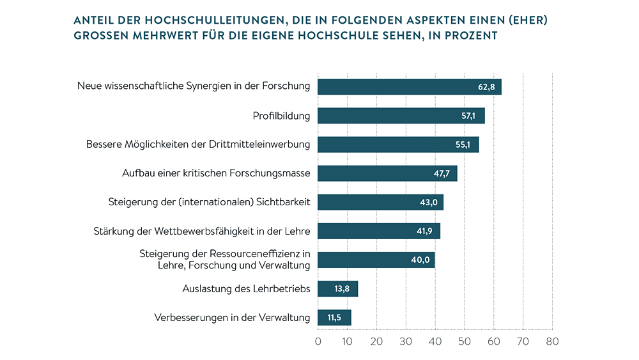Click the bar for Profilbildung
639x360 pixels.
[x=401, y=116]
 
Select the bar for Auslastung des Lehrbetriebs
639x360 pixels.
[x=337, y=289]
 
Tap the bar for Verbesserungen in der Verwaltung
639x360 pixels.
[x=334, y=318]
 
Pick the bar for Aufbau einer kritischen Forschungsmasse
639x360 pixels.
[x=387, y=173]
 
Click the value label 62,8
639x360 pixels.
[x=485, y=87]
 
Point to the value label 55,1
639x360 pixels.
[x=463, y=145]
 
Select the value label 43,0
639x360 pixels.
[x=427, y=203]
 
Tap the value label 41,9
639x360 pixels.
[x=425, y=231]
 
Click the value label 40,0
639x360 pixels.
[x=420, y=260]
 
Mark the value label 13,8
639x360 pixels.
[x=343, y=289]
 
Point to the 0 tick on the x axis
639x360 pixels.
[x=318, y=341]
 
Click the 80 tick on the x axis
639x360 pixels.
[x=553, y=341]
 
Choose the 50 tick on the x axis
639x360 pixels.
[x=465, y=341]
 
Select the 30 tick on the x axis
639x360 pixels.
[x=406, y=341]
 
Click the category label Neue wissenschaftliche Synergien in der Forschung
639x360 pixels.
[x=194, y=86]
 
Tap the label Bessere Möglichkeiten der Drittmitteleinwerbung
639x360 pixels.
[x=198, y=145]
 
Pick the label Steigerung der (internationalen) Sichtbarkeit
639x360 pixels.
[x=210, y=202]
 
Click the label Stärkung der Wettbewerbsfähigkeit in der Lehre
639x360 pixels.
[x=202, y=231]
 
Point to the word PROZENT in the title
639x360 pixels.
[x=469, y=36]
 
